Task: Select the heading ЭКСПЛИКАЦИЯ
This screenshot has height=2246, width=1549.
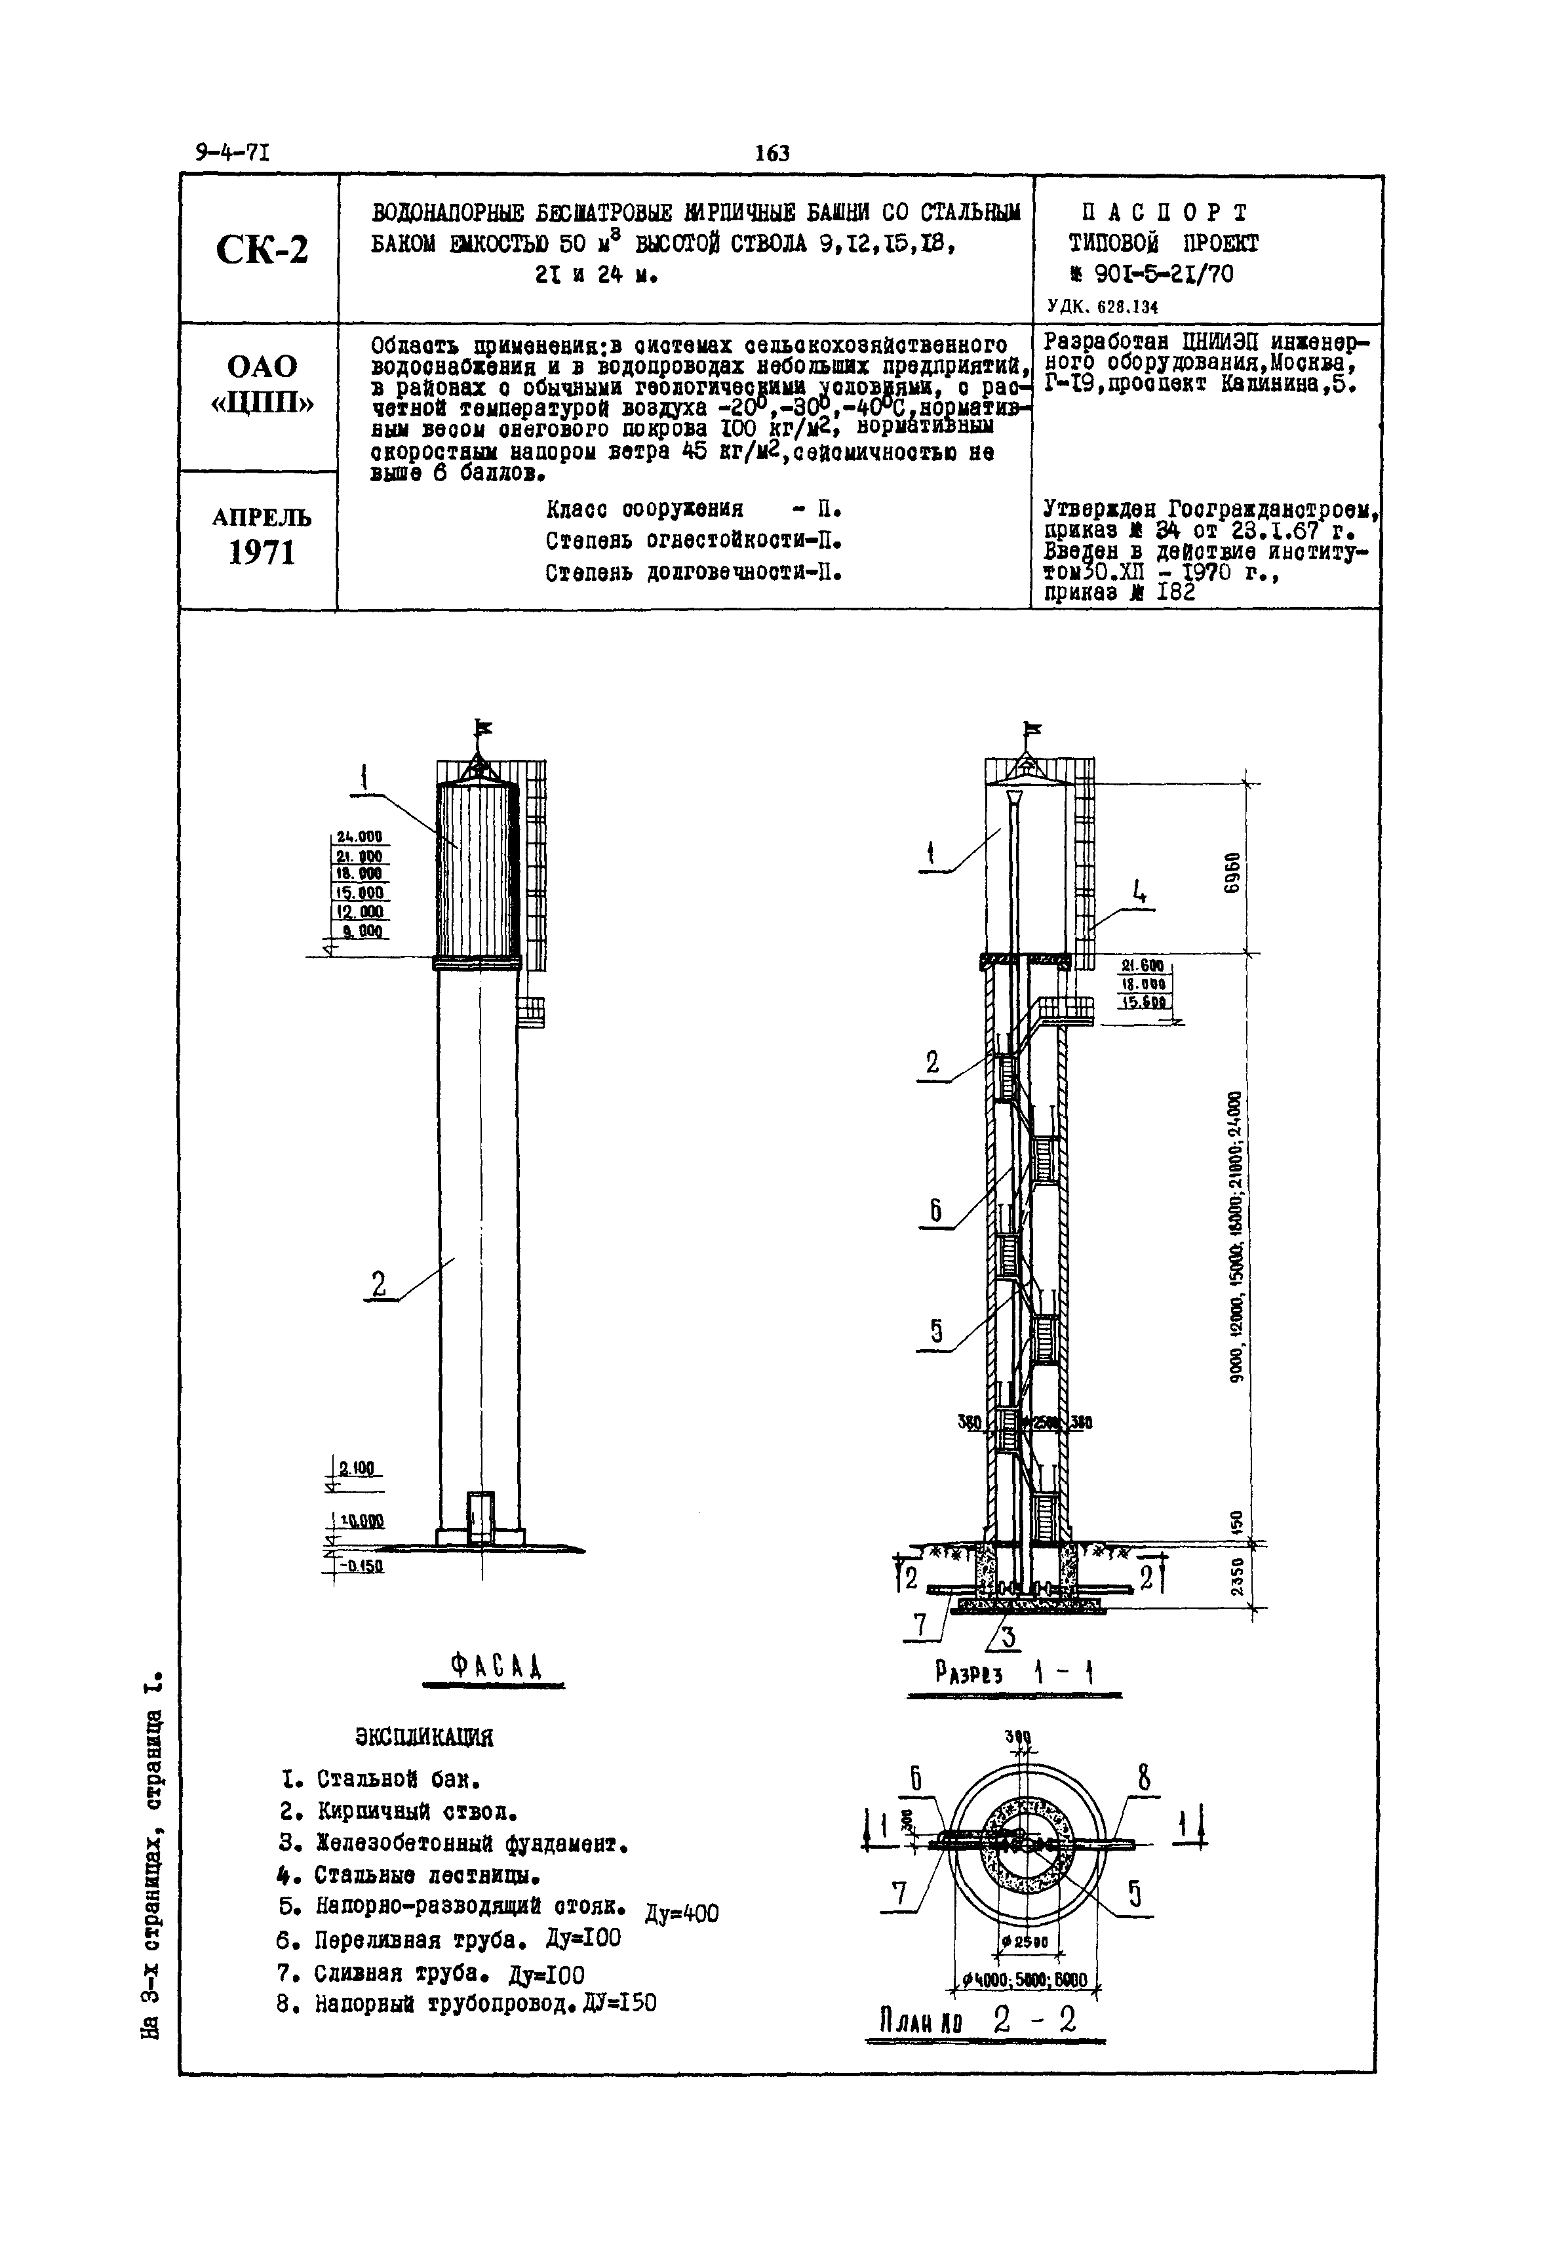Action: coord(424,1737)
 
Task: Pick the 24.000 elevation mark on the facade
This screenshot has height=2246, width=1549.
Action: coord(359,837)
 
